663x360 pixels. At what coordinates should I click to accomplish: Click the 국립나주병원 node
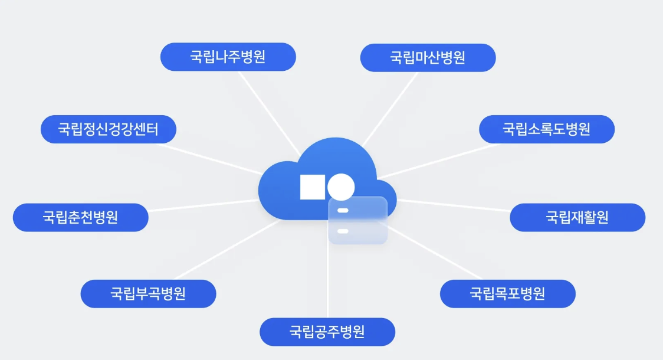228,57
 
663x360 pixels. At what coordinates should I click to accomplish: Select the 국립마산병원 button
428,58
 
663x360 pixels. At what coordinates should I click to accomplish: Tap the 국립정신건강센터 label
109,129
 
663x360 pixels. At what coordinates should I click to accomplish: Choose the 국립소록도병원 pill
547,129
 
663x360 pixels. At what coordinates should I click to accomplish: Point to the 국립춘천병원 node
80,217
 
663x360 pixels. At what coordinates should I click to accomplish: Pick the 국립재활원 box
577,217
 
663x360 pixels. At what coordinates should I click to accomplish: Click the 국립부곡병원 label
148,294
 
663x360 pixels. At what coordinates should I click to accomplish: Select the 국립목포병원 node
507,294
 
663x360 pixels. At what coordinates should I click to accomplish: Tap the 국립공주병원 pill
327,332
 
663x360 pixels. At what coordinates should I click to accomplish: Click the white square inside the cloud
312,187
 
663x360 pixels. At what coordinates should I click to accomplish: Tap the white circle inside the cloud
341,187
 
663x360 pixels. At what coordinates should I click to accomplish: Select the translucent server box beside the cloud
358,220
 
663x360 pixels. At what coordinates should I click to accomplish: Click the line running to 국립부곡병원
224,251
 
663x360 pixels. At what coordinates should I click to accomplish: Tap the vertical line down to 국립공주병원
327,283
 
